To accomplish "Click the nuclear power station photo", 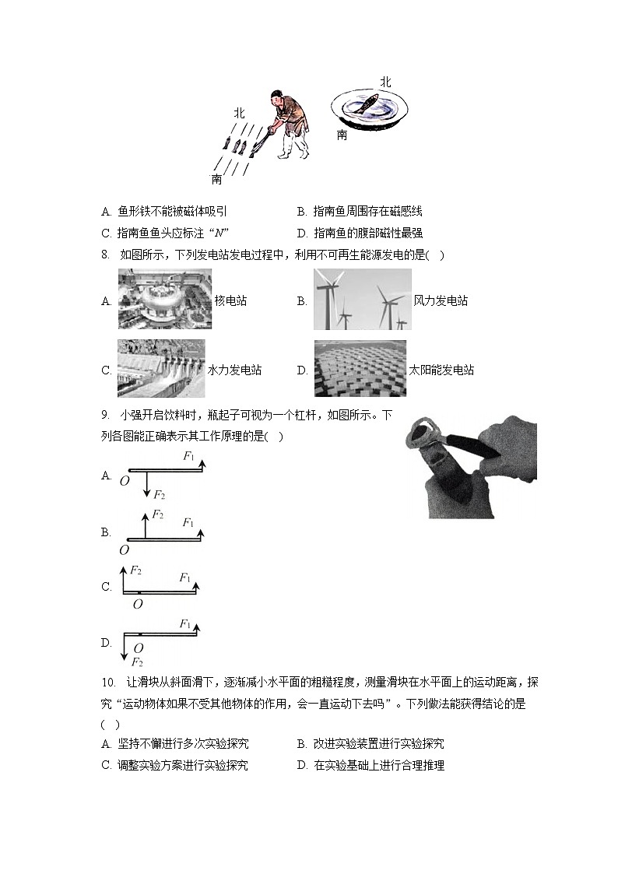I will tap(165, 300).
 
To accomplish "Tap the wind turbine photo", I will tap(362, 300).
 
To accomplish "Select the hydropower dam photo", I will tap(161, 369).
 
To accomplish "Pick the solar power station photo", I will tap(360, 369).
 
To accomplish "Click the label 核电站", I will tap(230, 301).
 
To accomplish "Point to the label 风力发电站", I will tap(441, 301).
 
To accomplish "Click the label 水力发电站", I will tap(235, 370).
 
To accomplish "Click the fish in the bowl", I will tap(367, 104).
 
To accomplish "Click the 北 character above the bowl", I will tap(385, 81).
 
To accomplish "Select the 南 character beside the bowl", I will tap(342, 135).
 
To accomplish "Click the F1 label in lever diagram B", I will tap(188, 523).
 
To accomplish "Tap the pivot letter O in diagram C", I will tap(138, 603).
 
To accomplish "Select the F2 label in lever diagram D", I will tap(136, 662).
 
